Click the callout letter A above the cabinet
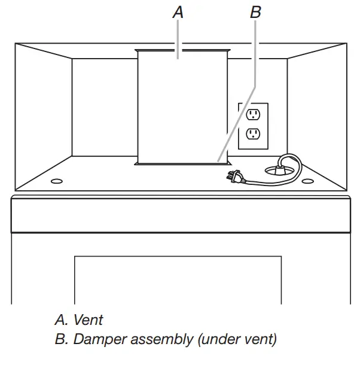tap(178, 12)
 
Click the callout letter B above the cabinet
tap(255, 12)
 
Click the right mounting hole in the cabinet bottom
tap(307, 180)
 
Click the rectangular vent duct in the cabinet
tap(182, 108)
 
